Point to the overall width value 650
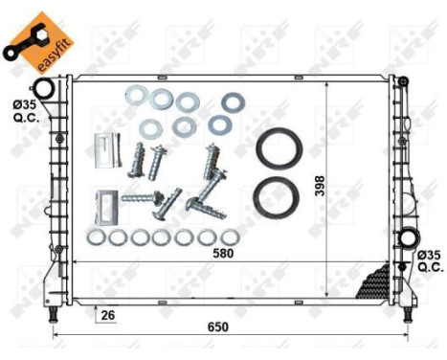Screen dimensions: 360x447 (x=218, y=326)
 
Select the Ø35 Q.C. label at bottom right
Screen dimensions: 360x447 (x=428, y=261)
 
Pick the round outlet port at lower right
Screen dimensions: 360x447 (x=409, y=238)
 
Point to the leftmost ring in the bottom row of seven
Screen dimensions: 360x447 (x=97, y=236)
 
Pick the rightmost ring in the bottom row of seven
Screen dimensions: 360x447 (x=230, y=236)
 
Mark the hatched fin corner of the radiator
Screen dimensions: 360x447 (x=372, y=282)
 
